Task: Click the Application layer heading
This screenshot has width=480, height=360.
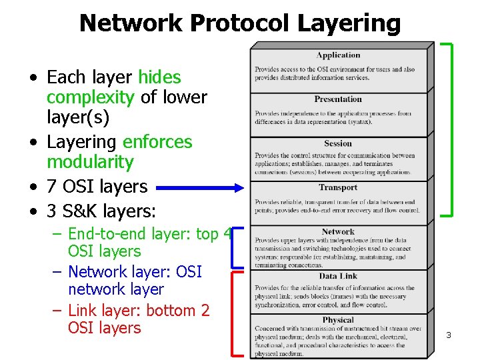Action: click(x=338, y=55)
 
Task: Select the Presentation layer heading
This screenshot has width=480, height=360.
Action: click(x=338, y=99)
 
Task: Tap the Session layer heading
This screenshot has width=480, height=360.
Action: click(x=338, y=143)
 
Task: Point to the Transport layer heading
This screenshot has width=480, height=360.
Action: click(x=338, y=187)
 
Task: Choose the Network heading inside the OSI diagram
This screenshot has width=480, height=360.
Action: click(x=338, y=232)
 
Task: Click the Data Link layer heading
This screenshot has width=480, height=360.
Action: click(x=338, y=276)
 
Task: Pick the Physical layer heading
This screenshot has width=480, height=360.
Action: click(x=338, y=320)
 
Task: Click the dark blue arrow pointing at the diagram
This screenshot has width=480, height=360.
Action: click(x=200, y=189)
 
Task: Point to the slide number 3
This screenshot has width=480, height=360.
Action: click(x=448, y=335)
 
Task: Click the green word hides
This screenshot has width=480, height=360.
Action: click(x=159, y=77)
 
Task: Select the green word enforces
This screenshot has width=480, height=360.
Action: click(x=157, y=142)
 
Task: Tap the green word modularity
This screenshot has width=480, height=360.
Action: click(x=90, y=162)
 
